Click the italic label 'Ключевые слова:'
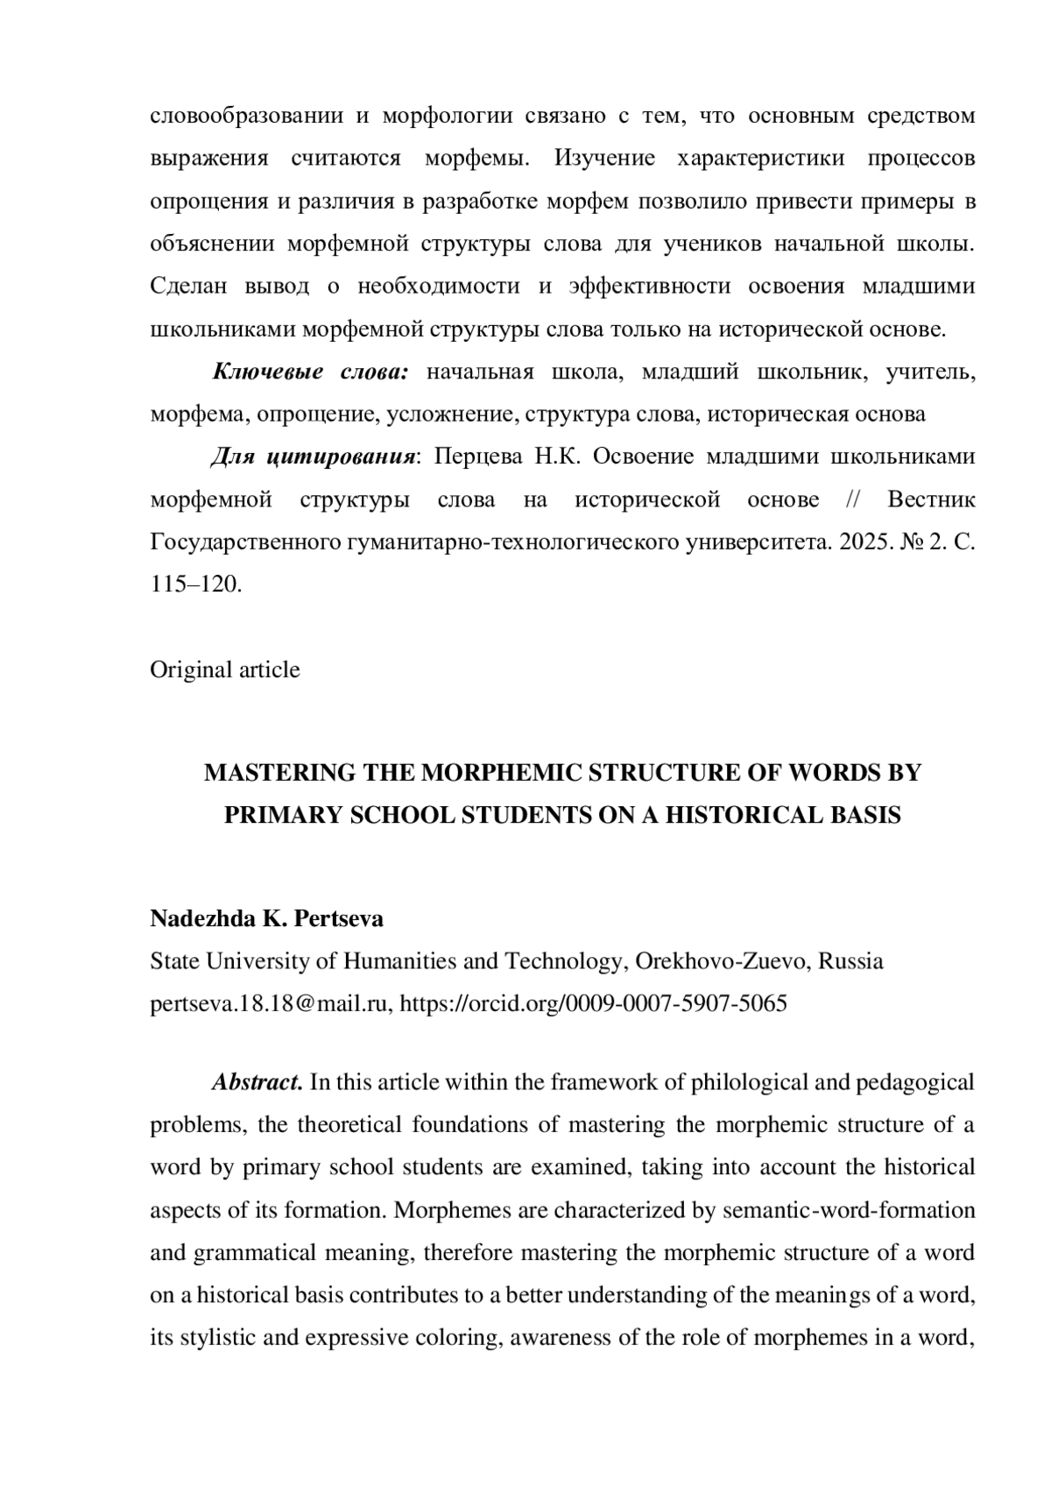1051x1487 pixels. coord(311,372)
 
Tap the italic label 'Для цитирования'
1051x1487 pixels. coord(313,457)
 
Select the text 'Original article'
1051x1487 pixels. coord(225,670)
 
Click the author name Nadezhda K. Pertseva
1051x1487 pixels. coord(267,919)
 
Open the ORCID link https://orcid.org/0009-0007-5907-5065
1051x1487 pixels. coord(593,1004)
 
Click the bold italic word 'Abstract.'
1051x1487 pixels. coord(257,1083)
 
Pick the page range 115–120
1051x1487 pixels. coord(195,584)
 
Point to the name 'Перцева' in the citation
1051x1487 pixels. coord(478,457)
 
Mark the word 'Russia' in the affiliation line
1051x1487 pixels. coord(853,962)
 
